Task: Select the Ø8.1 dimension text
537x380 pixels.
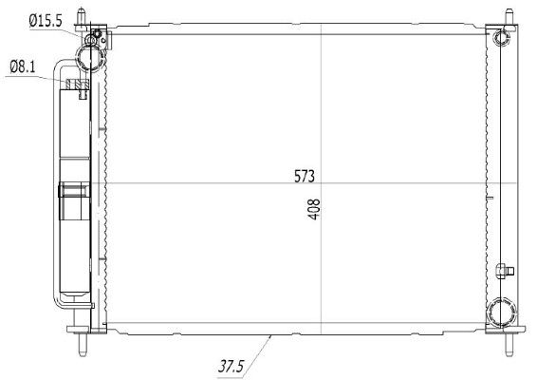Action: [x=24, y=66]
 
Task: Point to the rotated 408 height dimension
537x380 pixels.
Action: [x=314, y=209]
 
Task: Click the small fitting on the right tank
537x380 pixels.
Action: [x=505, y=272]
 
